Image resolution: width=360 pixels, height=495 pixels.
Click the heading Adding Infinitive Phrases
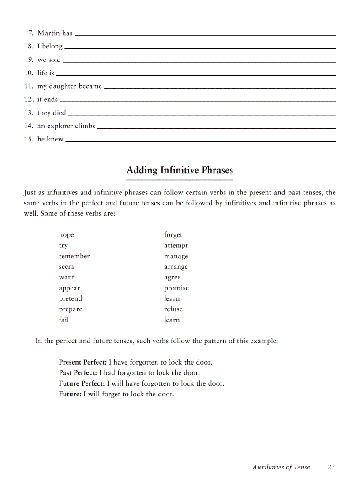[180, 170]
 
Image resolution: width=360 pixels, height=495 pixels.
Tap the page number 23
[331, 467]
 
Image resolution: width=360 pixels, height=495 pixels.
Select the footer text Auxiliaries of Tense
[281, 467]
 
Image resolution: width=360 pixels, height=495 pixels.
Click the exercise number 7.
[31, 33]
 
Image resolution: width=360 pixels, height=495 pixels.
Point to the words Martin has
[55, 33]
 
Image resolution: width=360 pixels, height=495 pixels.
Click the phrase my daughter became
[70, 86]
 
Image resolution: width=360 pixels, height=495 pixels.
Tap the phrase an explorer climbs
[66, 126]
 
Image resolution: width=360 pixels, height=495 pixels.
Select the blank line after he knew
[201, 141]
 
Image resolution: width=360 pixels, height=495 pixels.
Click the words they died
[52, 112]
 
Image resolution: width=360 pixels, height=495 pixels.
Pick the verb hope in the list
[66, 235]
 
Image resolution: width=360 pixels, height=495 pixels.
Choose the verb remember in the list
[74, 256]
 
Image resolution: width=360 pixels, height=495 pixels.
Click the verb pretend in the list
[71, 298]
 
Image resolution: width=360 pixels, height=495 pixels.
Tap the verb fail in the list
[64, 320]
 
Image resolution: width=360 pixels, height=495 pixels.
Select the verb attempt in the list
[176, 246]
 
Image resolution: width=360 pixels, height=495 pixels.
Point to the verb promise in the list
[176, 288]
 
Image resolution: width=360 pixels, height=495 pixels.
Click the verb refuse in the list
[173, 309]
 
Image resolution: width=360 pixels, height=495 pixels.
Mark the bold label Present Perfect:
[82, 362]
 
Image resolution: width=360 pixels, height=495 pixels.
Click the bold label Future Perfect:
[82, 383]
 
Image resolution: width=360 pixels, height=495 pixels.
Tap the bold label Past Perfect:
[78, 373]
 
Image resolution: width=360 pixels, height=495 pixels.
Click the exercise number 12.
[29, 99]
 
